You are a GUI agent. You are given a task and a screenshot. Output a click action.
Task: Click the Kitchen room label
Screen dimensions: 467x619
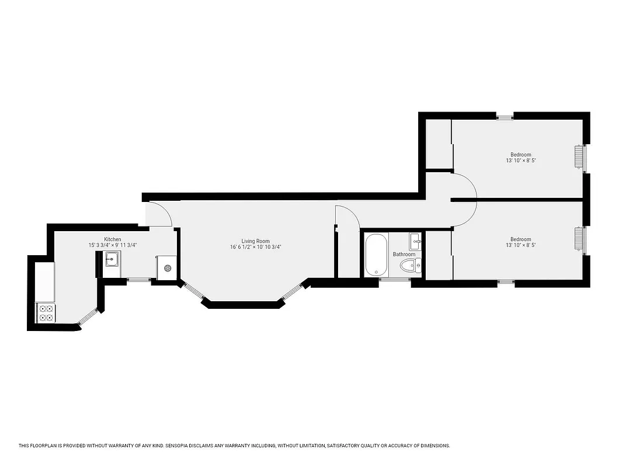113,239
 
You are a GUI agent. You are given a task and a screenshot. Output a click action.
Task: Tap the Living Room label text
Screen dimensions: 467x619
256,241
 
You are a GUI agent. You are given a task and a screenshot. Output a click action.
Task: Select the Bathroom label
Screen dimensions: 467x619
404,255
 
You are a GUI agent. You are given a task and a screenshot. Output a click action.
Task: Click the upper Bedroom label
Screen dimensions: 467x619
521,155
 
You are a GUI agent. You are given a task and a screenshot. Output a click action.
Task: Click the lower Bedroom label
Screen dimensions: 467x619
521,239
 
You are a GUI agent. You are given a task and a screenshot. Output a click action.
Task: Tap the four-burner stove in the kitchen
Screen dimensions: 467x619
46,313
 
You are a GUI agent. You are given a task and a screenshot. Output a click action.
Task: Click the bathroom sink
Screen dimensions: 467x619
416,239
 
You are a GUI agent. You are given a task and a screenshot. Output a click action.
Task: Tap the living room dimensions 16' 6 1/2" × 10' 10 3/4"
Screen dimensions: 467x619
256,247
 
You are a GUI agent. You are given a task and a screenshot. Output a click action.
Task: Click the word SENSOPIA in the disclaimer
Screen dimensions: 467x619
184,446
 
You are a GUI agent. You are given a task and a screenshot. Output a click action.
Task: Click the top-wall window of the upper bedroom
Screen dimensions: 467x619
505,116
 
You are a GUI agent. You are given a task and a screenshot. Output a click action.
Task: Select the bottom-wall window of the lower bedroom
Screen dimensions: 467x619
506,284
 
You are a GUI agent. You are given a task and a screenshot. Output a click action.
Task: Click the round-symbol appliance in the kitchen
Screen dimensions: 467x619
168,268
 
